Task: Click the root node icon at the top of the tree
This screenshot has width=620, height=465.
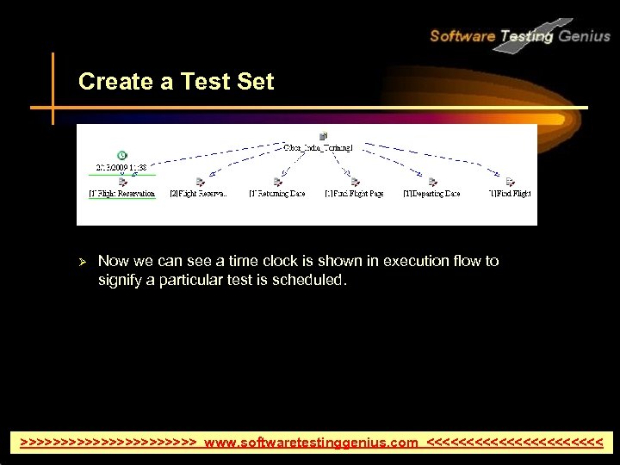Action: click(322, 135)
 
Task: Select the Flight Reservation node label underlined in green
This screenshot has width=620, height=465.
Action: click(121, 194)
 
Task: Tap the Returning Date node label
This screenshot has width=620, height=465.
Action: click(277, 194)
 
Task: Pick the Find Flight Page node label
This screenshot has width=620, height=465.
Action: click(354, 194)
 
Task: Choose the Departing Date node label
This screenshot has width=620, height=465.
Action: click(431, 194)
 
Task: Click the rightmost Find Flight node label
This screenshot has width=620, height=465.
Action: click(510, 194)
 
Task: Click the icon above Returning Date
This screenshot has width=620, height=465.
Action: click(277, 182)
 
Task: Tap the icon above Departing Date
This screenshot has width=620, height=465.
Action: click(432, 182)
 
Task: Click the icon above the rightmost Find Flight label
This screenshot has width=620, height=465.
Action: click(510, 182)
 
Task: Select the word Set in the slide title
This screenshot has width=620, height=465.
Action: click(257, 82)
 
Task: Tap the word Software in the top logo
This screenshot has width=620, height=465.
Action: click(462, 36)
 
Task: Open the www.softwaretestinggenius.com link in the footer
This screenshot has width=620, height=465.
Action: click(311, 443)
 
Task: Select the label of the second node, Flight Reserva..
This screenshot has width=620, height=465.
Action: click(199, 194)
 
